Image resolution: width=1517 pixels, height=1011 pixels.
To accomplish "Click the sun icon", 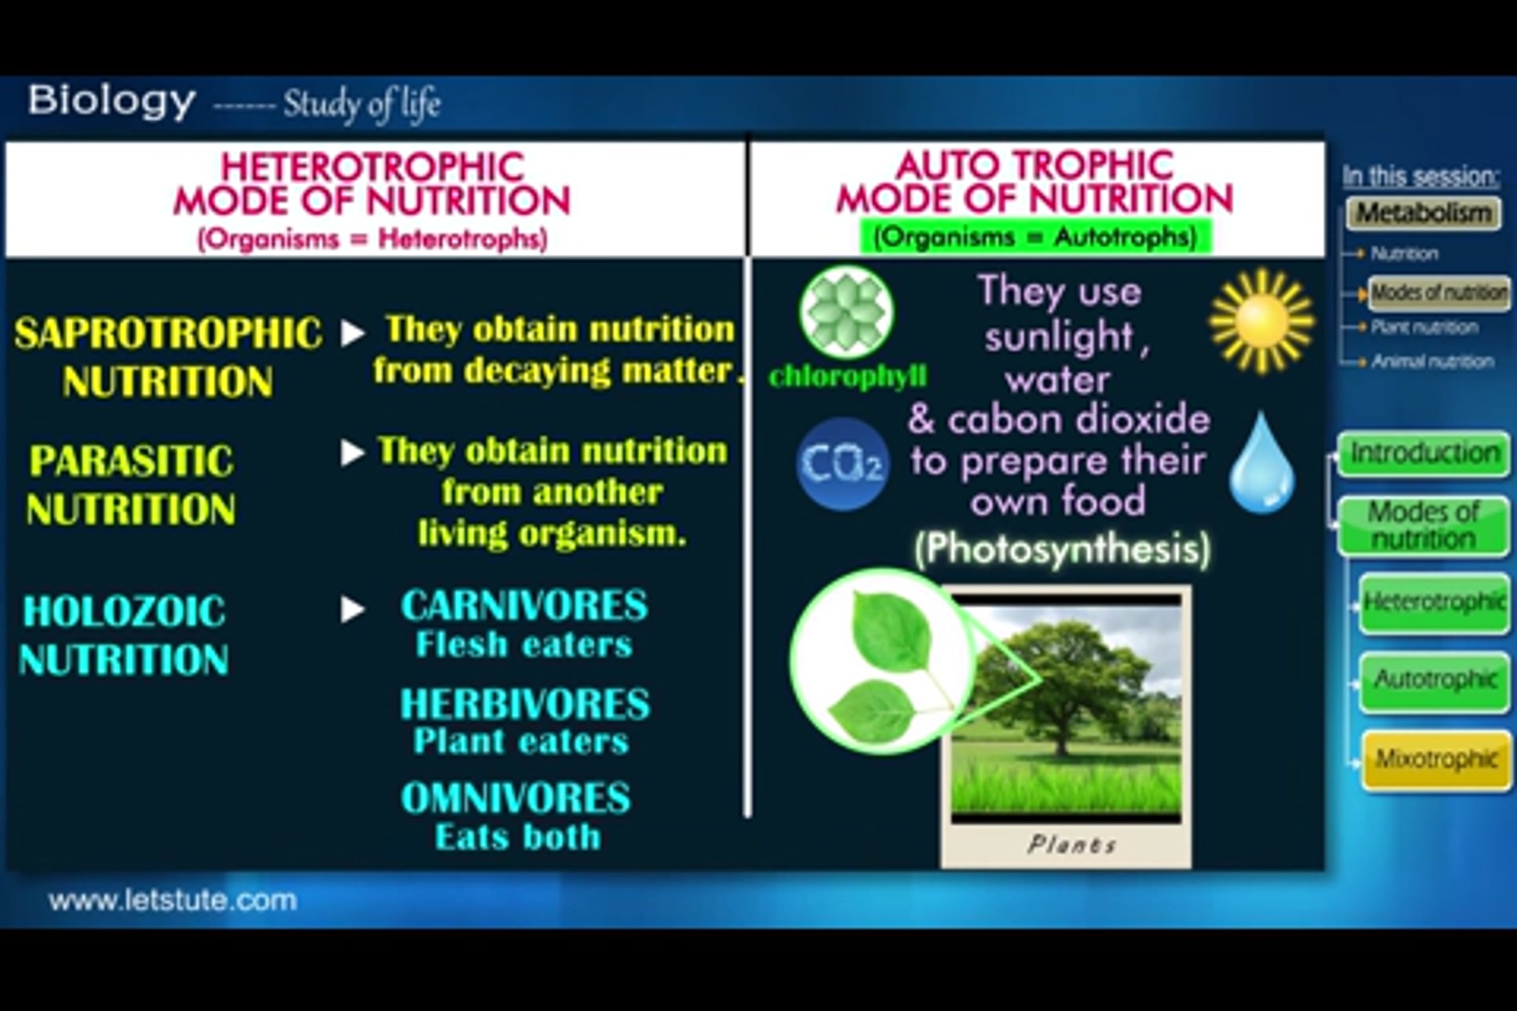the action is (x=1262, y=322).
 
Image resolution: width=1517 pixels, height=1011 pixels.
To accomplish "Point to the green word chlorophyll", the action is (x=848, y=376).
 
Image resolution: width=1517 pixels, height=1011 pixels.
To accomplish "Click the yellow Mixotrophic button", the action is (x=1436, y=760).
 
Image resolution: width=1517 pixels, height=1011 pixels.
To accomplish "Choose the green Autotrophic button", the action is (x=1435, y=681).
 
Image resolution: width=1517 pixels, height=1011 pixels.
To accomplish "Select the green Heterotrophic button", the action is (x=1434, y=603).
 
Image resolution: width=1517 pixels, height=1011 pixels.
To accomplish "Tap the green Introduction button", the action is (x=1424, y=454).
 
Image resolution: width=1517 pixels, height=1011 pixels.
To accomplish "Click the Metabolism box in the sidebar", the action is (x=1423, y=214).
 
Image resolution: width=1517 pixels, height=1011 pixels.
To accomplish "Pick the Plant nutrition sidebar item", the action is (x=1424, y=327).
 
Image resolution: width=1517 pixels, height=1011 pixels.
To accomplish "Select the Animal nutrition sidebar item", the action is (x=1432, y=361).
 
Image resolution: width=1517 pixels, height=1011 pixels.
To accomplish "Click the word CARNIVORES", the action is (x=524, y=605).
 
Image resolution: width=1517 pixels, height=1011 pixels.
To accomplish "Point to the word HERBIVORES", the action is (x=525, y=703).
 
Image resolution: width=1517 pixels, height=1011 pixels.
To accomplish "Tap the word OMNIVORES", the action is (x=515, y=798).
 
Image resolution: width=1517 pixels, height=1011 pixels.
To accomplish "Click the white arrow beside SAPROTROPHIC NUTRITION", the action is (x=353, y=333).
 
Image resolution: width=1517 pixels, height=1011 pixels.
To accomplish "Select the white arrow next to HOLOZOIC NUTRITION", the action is (x=353, y=609).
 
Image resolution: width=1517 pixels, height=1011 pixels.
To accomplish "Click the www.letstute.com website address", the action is (x=173, y=900).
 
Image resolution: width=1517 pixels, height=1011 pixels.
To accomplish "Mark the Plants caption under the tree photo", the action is (x=1072, y=844).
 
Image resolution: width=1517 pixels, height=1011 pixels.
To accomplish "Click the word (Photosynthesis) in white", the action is (x=1063, y=549).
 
